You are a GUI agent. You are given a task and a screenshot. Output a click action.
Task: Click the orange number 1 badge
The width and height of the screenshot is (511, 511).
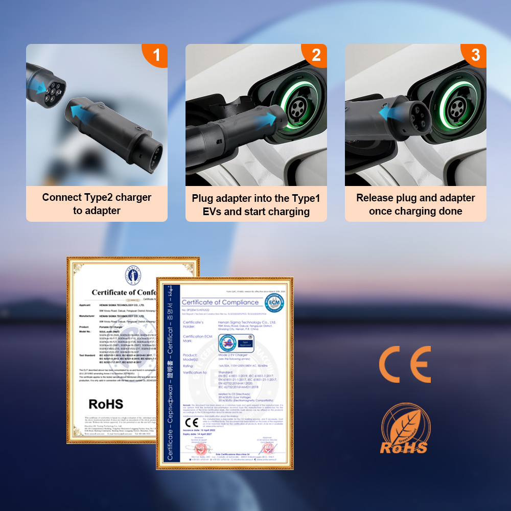click(156, 55)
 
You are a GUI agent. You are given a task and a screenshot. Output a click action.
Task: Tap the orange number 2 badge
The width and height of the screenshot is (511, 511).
click(316, 55)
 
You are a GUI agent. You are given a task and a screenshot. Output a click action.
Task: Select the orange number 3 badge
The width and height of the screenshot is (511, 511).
click(475, 55)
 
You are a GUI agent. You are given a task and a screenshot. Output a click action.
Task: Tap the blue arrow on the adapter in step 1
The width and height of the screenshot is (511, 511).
click(83, 112)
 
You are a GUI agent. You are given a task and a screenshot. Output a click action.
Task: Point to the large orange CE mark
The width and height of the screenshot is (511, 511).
click(404, 364)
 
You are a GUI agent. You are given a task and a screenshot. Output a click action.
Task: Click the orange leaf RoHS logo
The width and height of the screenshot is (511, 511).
click(404, 428)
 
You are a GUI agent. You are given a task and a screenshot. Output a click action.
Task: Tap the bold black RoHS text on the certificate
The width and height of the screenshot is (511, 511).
click(106, 404)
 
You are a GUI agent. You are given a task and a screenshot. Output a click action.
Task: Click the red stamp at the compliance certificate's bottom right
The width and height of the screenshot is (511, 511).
click(267, 449)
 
